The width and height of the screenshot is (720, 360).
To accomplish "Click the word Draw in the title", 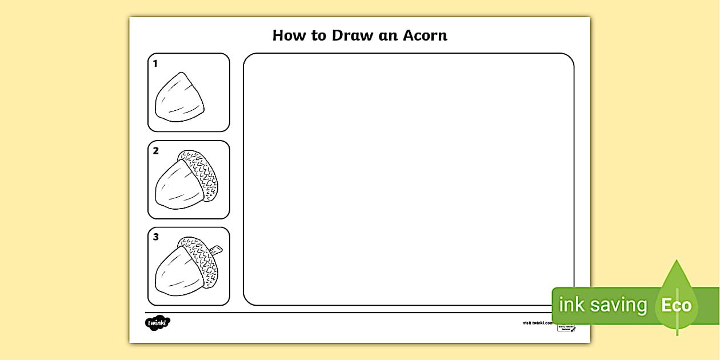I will (338, 35).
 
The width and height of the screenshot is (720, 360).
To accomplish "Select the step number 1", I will (155, 64).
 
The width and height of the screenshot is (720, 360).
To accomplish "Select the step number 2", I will (155, 151).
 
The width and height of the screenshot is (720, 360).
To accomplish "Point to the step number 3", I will (155, 237).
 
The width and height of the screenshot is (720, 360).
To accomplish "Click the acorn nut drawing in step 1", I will (179, 98).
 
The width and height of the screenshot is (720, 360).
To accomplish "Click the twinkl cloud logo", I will (157, 323).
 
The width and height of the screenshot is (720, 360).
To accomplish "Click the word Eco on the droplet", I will (677, 305).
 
